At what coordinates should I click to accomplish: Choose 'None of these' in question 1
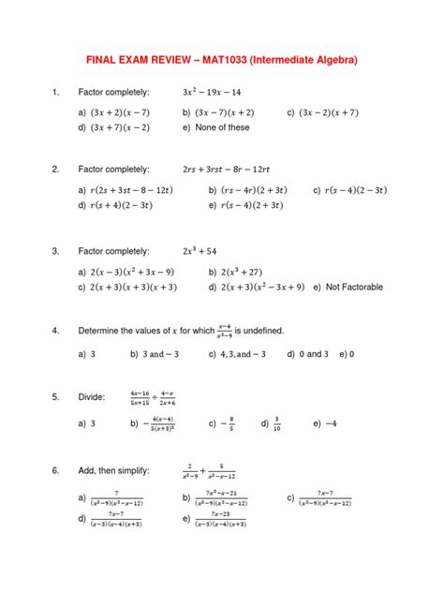click(222, 127)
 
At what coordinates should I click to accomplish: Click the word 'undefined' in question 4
click(259, 331)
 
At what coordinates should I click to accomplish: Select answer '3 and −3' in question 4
click(162, 355)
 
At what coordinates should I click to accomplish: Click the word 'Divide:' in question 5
click(93, 397)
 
